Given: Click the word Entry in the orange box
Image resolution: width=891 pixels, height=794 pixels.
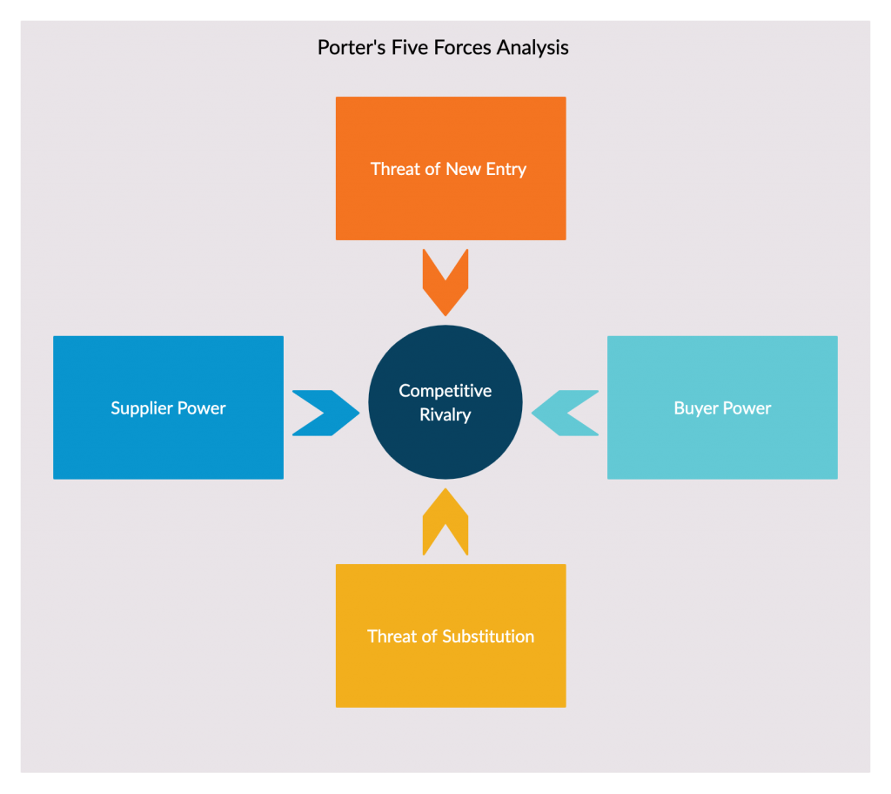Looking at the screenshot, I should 506,169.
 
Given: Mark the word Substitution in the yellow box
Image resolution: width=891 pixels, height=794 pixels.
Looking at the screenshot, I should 488,636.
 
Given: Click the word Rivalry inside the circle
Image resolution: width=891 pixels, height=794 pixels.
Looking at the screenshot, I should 445,415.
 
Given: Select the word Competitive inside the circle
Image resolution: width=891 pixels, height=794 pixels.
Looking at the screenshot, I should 445,391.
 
